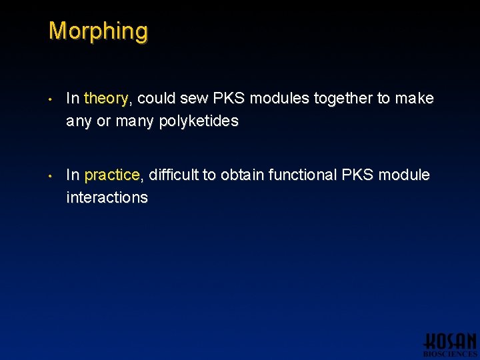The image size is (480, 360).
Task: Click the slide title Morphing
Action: tap(98, 31)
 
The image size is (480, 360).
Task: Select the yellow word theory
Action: tap(106, 99)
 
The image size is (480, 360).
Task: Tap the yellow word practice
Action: tap(111, 175)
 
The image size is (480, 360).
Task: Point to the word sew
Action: tap(194, 99)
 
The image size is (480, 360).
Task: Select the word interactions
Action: tap(107, 197)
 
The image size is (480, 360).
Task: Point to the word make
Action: tap(414, 99)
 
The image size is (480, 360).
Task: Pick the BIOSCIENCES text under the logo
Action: tap(451, 354)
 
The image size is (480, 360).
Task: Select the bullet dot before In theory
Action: tap(51, 100)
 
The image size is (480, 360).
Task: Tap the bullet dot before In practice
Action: tap(51, 177)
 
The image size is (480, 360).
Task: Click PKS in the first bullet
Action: tap(229, 99)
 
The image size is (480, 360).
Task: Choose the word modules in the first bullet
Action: tap(279, 99)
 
